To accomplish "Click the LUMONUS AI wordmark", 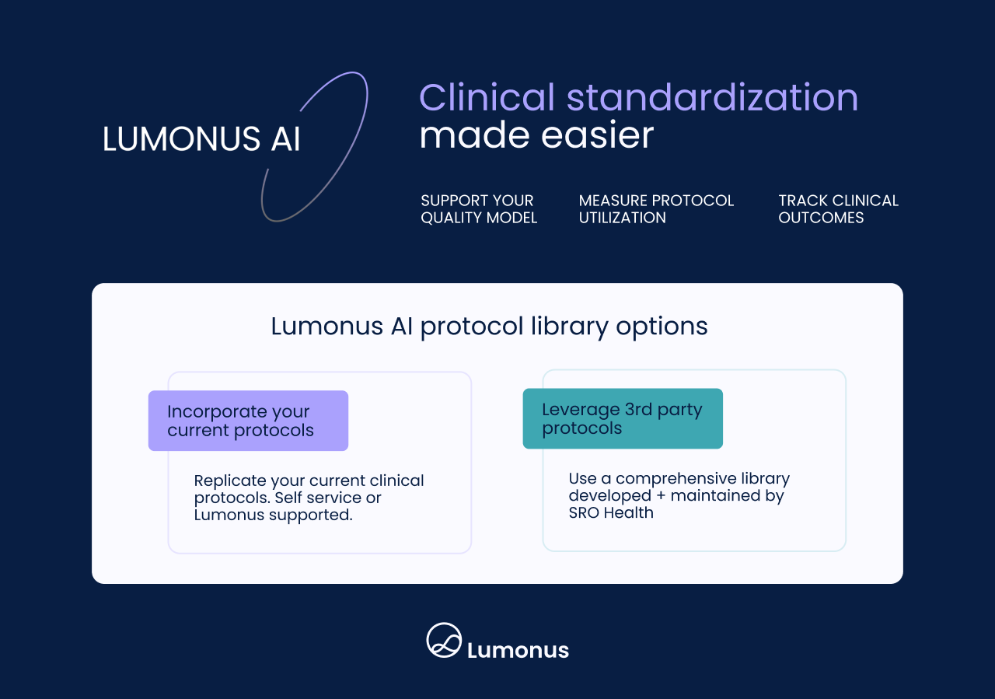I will coord(201,138).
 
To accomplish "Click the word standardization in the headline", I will coord(712,98).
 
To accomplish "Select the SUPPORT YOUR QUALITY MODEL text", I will coord(479,209).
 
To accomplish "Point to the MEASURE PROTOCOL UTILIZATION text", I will coord(656,209).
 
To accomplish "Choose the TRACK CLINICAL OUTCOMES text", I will coord(838,209).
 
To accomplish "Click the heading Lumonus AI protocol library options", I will coord(489,327).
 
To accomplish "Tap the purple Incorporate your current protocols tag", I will coord(248,421).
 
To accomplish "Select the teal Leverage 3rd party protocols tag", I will coord(623,418).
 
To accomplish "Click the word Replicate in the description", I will coord(225,481).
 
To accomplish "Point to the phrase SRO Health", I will coord(611,512).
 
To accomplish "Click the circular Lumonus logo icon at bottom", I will coord(444,641).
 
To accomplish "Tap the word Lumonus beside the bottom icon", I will coord(518,650).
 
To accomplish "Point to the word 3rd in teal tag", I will coord(640,410).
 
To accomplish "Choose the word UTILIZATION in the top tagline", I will coord(622,218).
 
